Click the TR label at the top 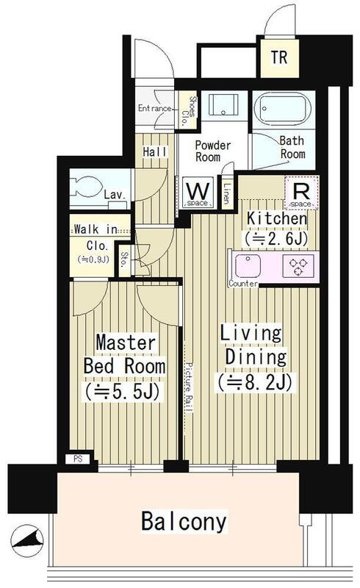279,58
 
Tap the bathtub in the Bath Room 282,109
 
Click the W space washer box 198,193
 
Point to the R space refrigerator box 301,193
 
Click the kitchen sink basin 248,266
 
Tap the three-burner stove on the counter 298,266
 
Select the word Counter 243,284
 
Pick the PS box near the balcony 78,459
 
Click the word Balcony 184,521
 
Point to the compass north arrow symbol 27,541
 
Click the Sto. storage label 123,259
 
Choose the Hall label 154,152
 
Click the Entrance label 154,108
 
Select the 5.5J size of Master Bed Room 122,392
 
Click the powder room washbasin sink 223,105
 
